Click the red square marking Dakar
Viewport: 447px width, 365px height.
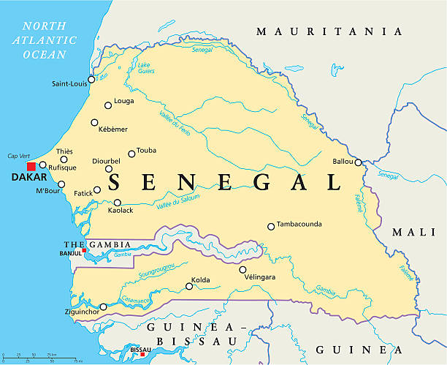[31, 166]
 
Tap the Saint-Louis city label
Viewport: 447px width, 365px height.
[69, 84]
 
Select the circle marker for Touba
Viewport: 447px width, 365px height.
[131, 154]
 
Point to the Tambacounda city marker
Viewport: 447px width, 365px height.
[271, 227]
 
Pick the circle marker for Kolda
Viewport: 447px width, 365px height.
[189, 286]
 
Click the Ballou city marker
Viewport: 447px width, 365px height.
[358, 162]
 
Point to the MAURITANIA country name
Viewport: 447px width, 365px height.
[329, 31]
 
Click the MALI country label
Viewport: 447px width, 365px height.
[413, 232]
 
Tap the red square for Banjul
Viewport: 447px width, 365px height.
[85, 251]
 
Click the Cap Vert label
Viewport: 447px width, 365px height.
[19, 156]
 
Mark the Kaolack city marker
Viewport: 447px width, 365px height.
[117, 203]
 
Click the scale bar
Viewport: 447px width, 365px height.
[42, 358]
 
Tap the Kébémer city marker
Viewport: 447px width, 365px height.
[94, 123]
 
